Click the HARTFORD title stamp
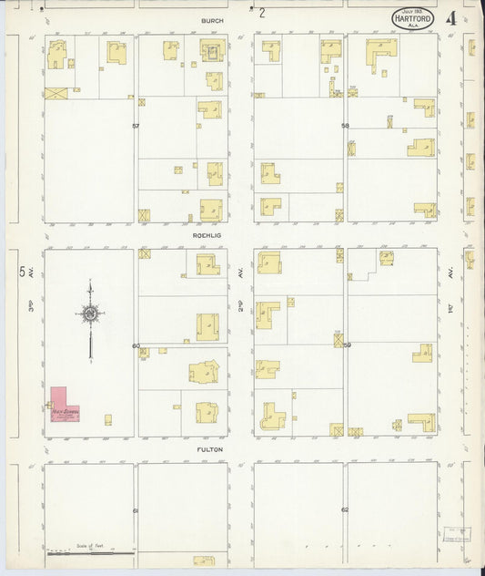(x=413, y=17)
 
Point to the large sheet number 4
(x=452, y=18)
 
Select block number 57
(x=136, y=125)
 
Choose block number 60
(x=136, y=345)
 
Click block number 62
(x=345, y=509)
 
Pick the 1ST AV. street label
(x=451, y=307)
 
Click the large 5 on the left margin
(x=22, y=272)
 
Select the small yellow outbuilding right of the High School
(x=107, y=420)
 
